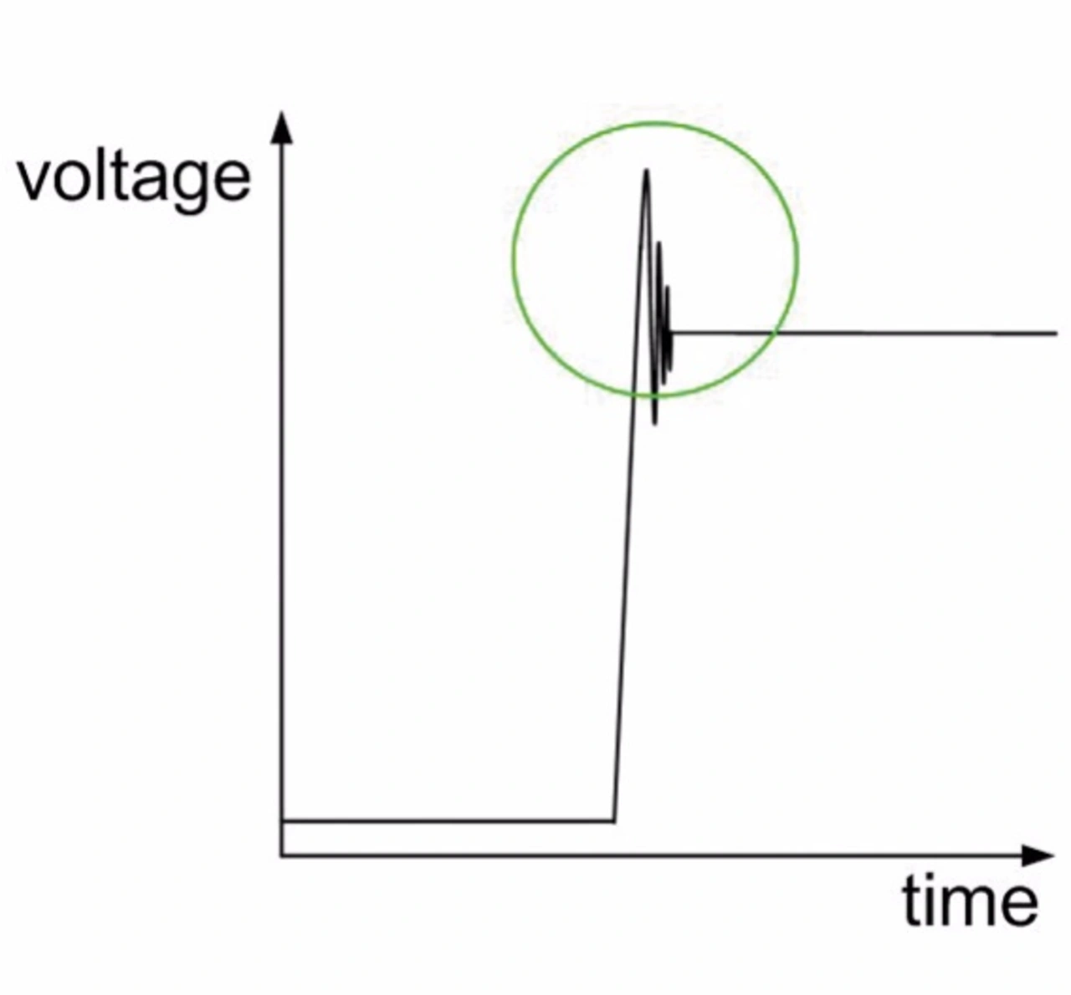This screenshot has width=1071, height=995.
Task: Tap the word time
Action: [x=969, y=901]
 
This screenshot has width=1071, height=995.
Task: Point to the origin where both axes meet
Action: [x=282, y=855]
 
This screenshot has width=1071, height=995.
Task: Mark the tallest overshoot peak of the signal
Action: [x=646, y=171]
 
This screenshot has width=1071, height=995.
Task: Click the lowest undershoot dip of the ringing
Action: [x=654, y=423]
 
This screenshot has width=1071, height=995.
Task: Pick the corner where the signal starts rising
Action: [x=614, y=821]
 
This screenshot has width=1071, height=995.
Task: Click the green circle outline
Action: [x=513, y=259]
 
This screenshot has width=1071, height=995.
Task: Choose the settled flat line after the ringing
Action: [x=904, y=334]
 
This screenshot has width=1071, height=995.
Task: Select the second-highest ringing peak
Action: [x=658, y=243]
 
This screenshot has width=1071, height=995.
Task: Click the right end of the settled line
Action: [x=1056, y=334]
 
